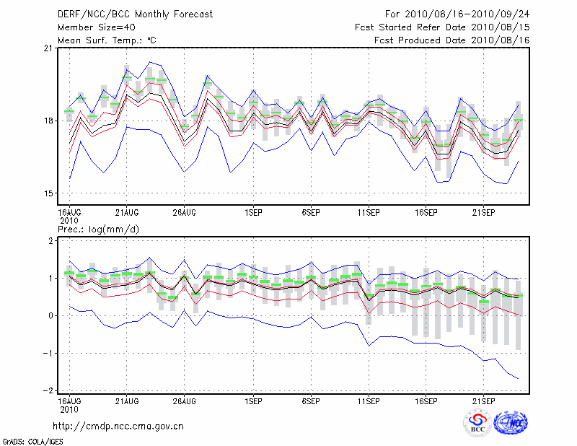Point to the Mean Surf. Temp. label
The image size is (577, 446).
point(107,40)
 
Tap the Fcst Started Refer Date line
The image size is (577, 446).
point(442,27)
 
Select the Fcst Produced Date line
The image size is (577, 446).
point(452,40)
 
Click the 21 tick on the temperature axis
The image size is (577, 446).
point(48,48)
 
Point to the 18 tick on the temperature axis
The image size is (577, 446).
point(48,121)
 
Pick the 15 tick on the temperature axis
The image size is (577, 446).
point(48,193)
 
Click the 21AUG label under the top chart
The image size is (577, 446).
point(127,212)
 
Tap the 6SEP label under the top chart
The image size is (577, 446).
point(311,212)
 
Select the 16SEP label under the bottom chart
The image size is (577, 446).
point(426,400)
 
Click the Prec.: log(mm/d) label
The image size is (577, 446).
point(98,229)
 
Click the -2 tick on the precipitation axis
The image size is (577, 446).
point(48,390)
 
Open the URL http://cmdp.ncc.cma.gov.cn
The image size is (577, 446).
point(118,426)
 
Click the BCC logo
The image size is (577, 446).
point(477,424)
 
